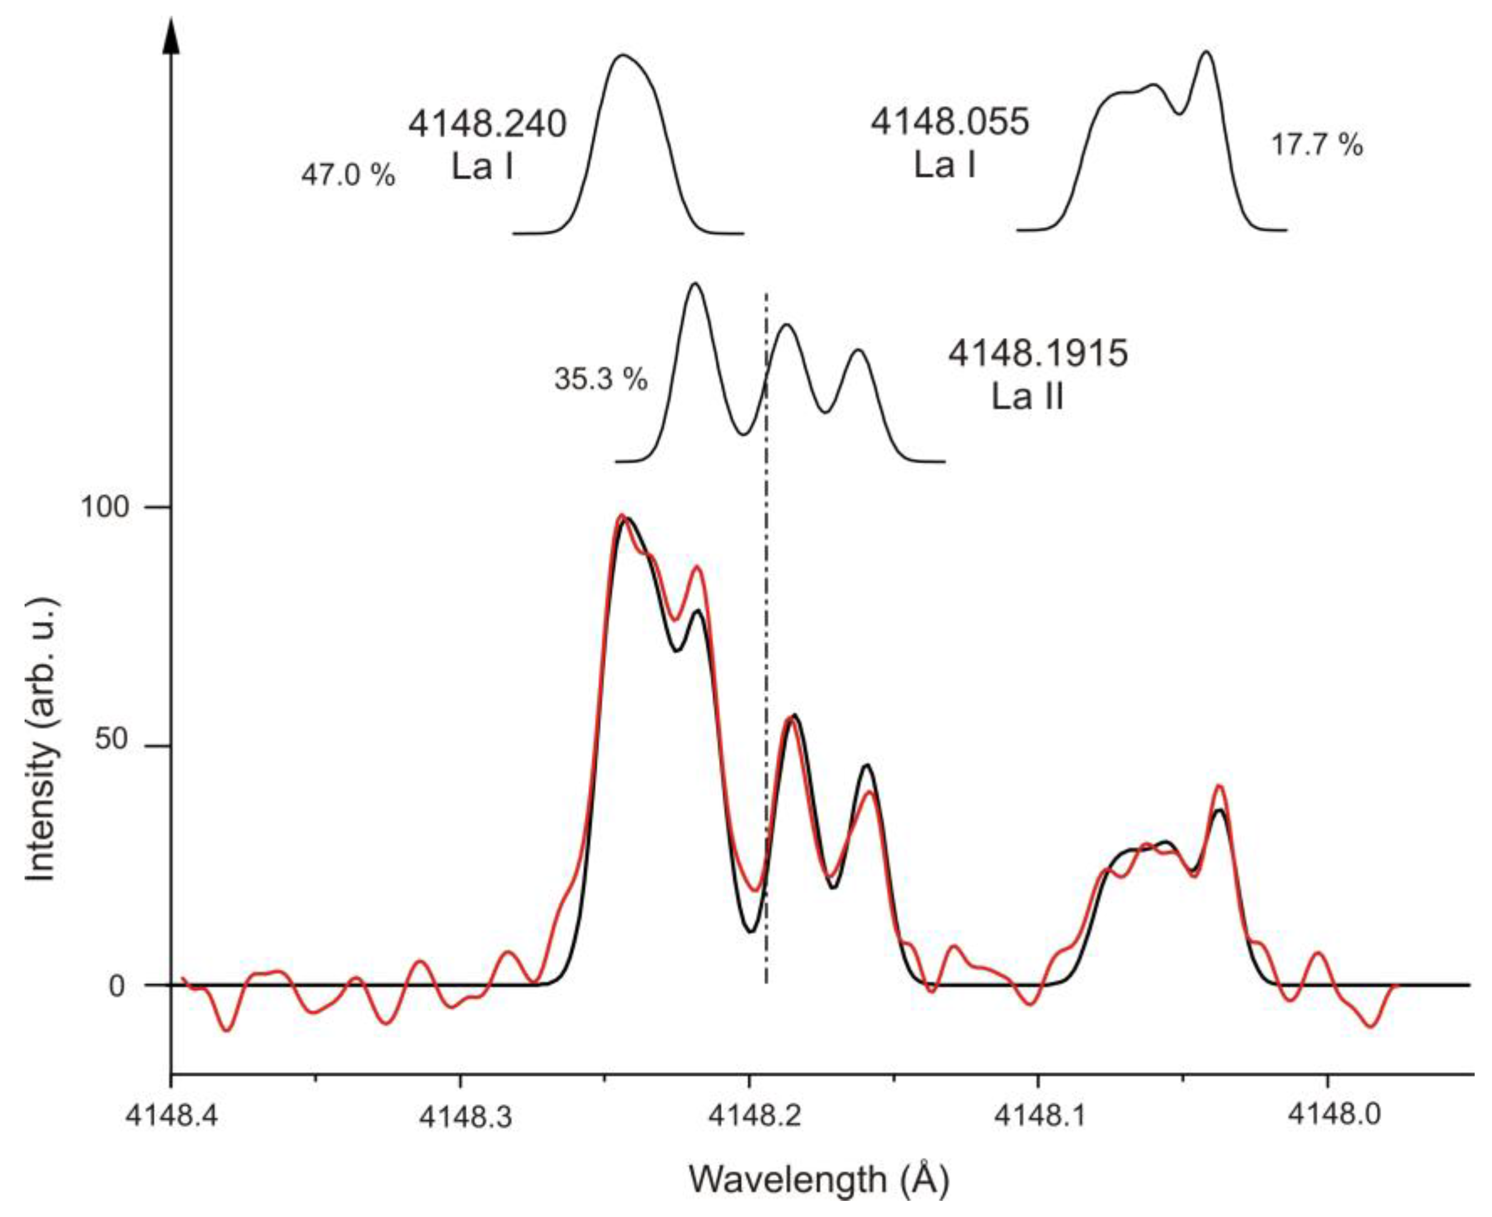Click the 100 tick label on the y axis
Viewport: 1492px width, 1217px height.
coord(105,506)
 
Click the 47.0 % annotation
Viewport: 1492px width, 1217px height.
coord(348,174)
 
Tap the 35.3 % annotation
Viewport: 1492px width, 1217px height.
coord(600,379)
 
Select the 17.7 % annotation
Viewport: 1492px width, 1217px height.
coord(1317,145)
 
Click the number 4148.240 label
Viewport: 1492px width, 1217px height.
coord(487,125)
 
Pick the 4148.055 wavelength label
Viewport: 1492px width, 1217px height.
coord(950,121)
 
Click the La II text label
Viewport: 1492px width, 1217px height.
coord(1027,396)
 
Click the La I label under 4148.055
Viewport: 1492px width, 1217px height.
coord(945,166)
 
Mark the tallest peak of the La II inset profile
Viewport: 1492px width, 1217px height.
coord(694,284)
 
